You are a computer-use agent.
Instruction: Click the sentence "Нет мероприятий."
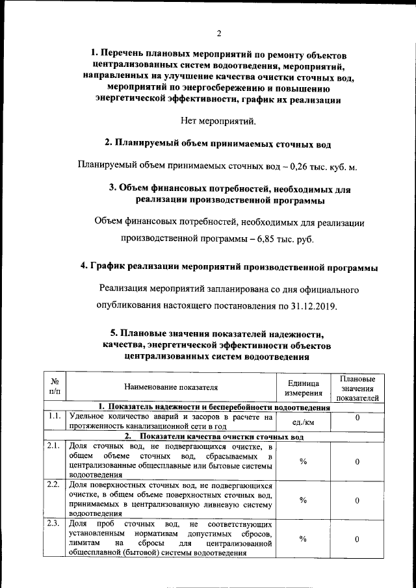[219, 121]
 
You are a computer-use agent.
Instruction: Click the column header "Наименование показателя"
[171, 387]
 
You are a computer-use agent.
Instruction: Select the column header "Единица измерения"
[304, 388]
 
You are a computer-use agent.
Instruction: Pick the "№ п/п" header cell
[55, 387]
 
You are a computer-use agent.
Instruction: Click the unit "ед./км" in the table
[304, 422]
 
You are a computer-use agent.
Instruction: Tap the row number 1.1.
[55, 416]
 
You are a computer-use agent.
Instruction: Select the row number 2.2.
[55, 485]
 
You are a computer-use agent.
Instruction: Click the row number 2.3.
[55, 524]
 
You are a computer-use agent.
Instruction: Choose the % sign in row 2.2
[304, 500]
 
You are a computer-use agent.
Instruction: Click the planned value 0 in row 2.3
[357, 539]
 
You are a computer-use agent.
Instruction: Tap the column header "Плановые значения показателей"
[357, 388]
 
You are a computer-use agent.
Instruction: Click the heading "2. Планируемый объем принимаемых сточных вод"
[219, 143]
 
